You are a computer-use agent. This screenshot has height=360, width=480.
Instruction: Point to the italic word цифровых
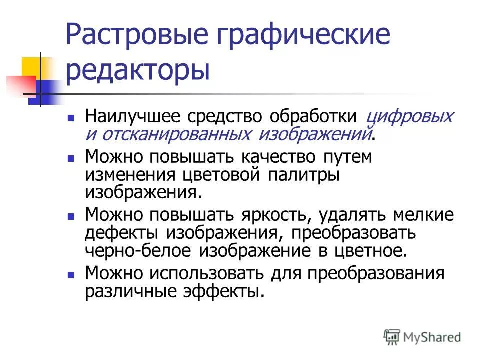pos(409,117)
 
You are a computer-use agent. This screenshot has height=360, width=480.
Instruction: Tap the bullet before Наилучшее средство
pos(71,119)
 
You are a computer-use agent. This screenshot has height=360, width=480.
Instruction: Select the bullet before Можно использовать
pos(71,275)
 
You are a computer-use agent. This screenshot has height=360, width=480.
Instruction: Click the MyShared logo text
pos(433,337)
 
